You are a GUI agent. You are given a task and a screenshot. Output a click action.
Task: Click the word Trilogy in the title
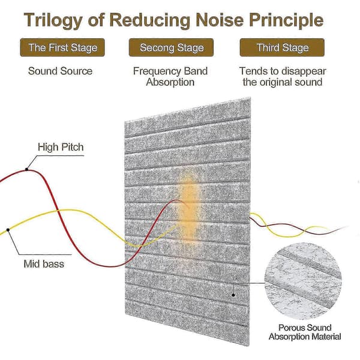[x=53, y=20]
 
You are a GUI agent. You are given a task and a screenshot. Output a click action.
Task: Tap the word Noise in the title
[x=220, y=20]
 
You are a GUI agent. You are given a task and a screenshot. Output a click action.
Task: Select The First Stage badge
[x=62, y=47]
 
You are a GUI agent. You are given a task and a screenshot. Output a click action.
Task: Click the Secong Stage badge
[x=171, y=47]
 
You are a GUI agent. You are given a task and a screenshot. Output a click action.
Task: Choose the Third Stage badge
[x=282, y=47]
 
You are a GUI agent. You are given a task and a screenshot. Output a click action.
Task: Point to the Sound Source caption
[x=60, y=71]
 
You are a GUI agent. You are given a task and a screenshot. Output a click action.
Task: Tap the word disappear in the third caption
[x=304, y=71]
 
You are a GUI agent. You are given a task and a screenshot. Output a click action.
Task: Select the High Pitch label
[x=61, y=147]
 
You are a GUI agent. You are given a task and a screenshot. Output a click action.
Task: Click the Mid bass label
[x=44, y=264]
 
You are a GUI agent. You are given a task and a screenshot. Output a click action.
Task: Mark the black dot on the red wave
[x=26, y=169]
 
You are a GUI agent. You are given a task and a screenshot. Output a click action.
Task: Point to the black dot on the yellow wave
[x=8, y=230]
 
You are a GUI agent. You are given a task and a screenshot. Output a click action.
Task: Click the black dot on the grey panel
[x=233, y=295]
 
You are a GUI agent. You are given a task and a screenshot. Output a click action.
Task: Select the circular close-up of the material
[x=303, y=281]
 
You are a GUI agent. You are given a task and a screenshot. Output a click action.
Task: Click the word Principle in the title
[x=287, y=20]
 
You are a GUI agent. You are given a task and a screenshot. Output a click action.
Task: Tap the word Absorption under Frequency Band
[x=170, y=82]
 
